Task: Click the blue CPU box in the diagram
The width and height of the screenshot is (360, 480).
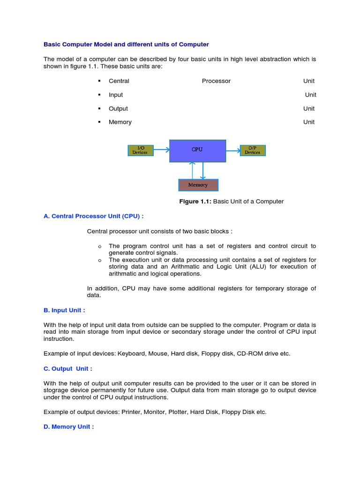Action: pyautogui.click(x=197, y=150)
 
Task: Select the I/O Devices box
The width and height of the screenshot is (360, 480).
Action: pyautogui.click(x=140, y=150)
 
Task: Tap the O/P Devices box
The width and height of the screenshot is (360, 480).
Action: pyautogui.click(x=253, y=150)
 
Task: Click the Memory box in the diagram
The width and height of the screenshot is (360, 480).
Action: pyautogui.click(x=198, y=185)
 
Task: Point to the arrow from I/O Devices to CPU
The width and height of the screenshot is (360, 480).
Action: pyautogui.click(x=161, y=150)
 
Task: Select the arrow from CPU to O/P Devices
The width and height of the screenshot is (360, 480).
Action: pyautogui.click(x=232, y=150)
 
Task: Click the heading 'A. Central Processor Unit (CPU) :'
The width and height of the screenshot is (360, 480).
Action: pyautogui.click(x=93, y=216)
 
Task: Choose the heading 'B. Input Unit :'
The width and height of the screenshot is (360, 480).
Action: pyautogui.click(x=64, y=310)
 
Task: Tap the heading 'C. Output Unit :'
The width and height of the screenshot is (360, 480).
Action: pyautogui.click(x=68, y=368)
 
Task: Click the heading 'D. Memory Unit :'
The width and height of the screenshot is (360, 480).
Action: pyautogui.click(x=68, y=427)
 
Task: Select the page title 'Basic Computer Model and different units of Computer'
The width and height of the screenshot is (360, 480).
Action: pyautogui.click(x=126, y=45)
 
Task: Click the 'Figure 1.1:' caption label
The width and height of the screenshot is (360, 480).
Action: pyautogui.click(x=195, y=202)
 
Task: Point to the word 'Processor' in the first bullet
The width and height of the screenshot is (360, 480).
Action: pyautogui.click(x=216, y=81)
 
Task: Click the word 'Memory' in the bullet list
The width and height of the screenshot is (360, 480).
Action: pyautogui.click(x=120, y=122)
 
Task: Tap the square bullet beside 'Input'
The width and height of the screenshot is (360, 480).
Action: pyautogui.click(x=99, y=95)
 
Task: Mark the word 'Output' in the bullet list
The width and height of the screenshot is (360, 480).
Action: pyautogui.click(x=118, y=108)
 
